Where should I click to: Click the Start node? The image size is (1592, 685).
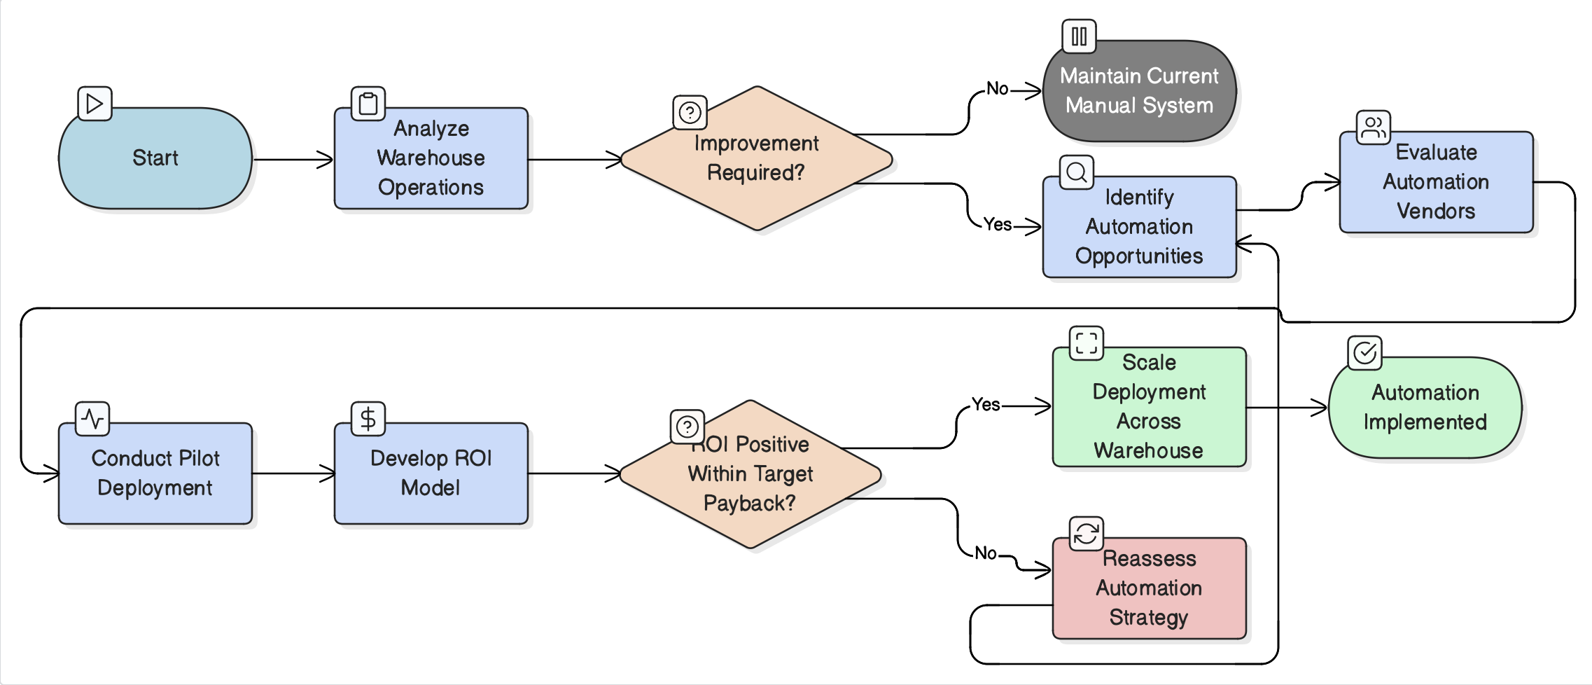tap(155, 158)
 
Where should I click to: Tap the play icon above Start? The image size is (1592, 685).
tap(95, 104)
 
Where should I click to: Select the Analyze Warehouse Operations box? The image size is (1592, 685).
tap(431, 158)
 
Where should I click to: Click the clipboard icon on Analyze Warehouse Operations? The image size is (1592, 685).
tap(368, 104)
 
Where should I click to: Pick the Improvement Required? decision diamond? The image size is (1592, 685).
tap(756, 158)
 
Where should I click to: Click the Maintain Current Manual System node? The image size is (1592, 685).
tap(1139, 91)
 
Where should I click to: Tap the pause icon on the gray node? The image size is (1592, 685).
tap(1079, 36)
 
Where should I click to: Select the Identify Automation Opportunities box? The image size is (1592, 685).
tap(1139, 227)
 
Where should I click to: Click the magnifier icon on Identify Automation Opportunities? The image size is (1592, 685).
tap(1077, 172)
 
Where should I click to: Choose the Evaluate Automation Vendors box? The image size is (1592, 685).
tap(1436, 182)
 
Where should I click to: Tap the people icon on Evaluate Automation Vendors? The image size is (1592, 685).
tap(1373, 127)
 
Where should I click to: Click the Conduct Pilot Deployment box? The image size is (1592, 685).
tap(155, 473)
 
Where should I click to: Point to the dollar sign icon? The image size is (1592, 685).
tap(368, 419)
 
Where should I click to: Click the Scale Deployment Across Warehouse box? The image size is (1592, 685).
tap(1149, 407)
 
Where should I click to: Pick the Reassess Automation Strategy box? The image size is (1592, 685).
tap(1149, 588)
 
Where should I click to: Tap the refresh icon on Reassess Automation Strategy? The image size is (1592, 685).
tap(1086, 534)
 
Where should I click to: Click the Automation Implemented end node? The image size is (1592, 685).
tap(1425, 408)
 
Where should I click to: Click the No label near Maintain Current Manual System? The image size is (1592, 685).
tap(997, 89)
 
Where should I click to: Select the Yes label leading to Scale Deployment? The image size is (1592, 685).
tap(986, 405)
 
